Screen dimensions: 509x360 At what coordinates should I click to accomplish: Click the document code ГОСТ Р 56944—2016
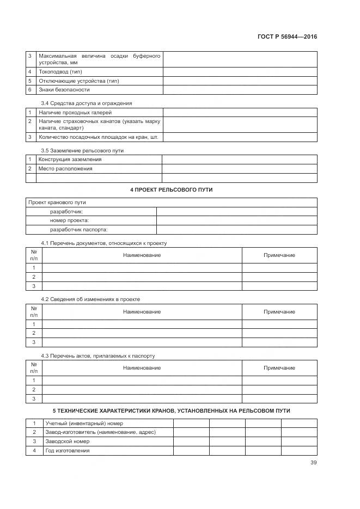[x=287, y=37]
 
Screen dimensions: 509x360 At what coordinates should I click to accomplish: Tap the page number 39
[x=313, y=463]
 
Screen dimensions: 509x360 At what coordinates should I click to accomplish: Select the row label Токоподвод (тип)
[x=60, y=72]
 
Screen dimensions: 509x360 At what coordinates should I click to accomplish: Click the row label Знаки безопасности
[x=64, y=90]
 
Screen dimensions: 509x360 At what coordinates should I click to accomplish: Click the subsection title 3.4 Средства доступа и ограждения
[x=87, y=103]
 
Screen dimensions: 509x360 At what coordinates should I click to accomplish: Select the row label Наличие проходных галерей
[x=71, y=112]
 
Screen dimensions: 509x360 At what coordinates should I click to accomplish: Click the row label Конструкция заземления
[x=70, y=160]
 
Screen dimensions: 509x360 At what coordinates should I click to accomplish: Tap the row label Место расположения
[x=65, y=169]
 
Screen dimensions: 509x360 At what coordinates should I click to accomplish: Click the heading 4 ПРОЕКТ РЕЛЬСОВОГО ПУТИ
[x=172, y=189]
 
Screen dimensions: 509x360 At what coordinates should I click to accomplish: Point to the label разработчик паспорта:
[x=75, y=230]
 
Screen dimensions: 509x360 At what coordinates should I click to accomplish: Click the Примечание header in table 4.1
[x=279, y=255]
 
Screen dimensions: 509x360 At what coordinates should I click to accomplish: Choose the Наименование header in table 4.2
[x=142, y=312]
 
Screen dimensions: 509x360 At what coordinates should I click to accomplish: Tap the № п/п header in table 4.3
[x=34, y=368]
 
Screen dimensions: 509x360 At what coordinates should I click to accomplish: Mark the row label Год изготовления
[x=68, y=451]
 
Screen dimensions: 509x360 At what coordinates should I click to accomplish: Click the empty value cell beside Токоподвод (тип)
[x=240, y=72]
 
